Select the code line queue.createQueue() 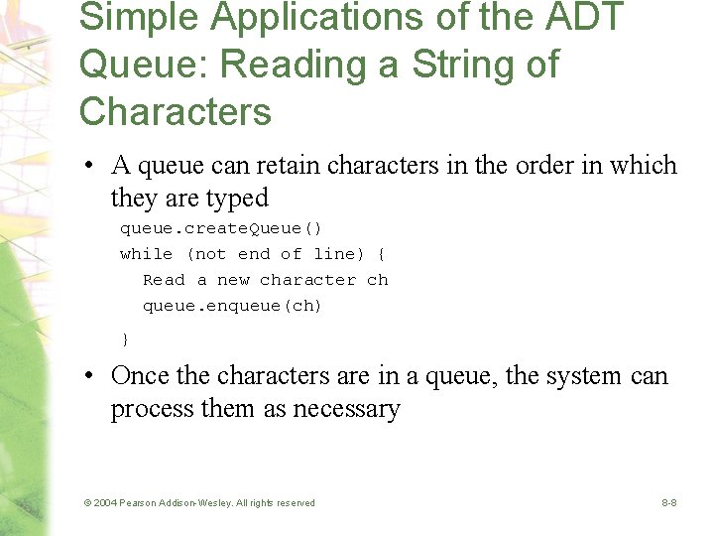pyautogui.click(x=220, y=228)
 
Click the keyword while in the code pyautogui.click(x=146, y=254)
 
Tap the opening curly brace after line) pyautogui.click(x=382, y=254)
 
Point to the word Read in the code pyautogui.click(x=164, y=280)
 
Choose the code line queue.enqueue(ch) pyautogui.click(x=232, y=306)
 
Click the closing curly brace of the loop pyautogui.click(x=125, y=339)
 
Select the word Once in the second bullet pyautogui.click(x=139, y=376)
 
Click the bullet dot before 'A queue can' pyautogui.click(x=89, y=167)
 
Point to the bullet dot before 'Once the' pyautogui.click(x=89, y=377)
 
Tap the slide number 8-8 pyautogui.click(x=669, y=503)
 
